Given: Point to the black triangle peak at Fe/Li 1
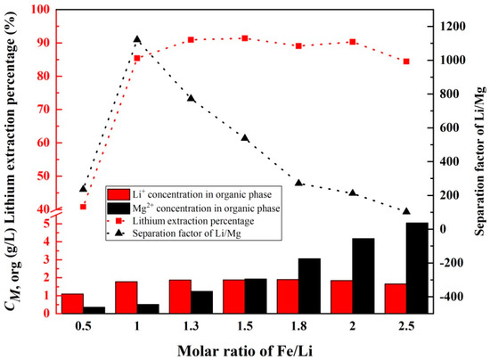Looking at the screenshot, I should tap(137, 39).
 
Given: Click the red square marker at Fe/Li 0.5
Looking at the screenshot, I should tap(83, 206).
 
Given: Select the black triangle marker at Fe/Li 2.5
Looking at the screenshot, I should tap(406, 211).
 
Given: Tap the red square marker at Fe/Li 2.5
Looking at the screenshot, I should tap(406, 61).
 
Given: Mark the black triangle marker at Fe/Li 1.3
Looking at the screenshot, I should tap(191, 98).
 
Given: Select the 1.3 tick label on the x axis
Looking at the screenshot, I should tap(191, 326).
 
